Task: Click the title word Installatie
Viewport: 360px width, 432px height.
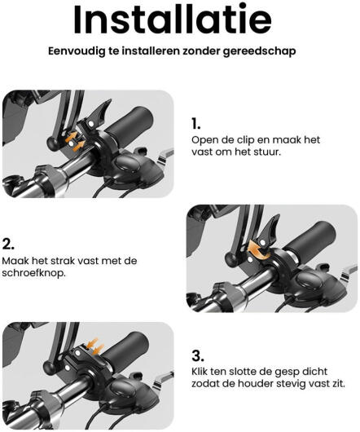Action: click(x=173, y=20)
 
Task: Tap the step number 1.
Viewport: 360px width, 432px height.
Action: click(x=195, y=124)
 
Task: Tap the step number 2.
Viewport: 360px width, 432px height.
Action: click(x=8, y=244)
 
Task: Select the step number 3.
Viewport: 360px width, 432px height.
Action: click(x=198, y=355)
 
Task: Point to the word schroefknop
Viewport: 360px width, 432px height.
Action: click(x=34, y=274)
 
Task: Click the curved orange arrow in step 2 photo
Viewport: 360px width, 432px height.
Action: click(x=258, y=249)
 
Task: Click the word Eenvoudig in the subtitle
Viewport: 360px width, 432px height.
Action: click(x=77, y=51)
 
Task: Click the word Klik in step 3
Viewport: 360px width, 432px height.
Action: click(x=200, y=372)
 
